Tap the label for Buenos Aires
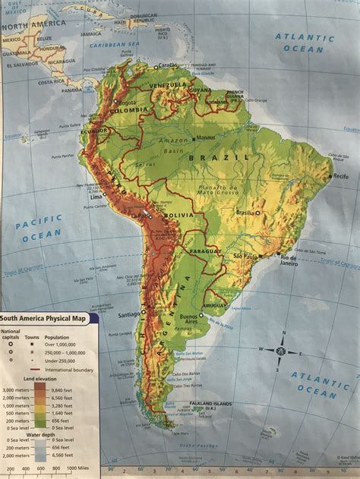(210, 319)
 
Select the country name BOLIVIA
(179, 217)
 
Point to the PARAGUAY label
(206, 251)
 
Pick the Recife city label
(340, 175)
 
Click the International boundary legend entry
(74, 370)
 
